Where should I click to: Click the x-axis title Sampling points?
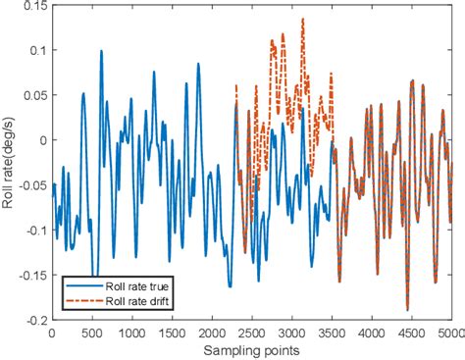coord(252,349)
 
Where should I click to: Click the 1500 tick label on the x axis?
coord(172,333)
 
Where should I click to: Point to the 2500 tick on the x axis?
coord(252,333)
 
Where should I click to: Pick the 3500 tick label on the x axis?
coord(333,333)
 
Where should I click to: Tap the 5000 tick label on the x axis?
coord(451,333)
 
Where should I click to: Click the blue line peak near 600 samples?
coord(100,52)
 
